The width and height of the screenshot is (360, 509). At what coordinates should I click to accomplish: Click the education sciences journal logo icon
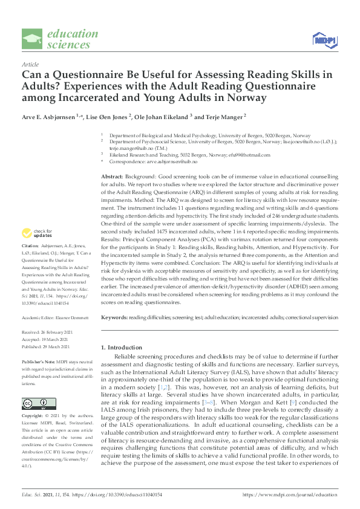tap(32, 39)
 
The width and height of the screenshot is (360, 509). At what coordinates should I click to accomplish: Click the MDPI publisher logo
tap(324, 39)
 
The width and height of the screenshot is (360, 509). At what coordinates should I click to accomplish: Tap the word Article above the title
tap(30, 64)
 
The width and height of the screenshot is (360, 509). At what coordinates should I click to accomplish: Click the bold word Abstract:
tap(113, 175)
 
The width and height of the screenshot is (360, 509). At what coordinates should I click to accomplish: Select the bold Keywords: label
tap(114, 317)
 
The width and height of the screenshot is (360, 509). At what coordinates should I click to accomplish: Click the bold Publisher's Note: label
tap(37, 361)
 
